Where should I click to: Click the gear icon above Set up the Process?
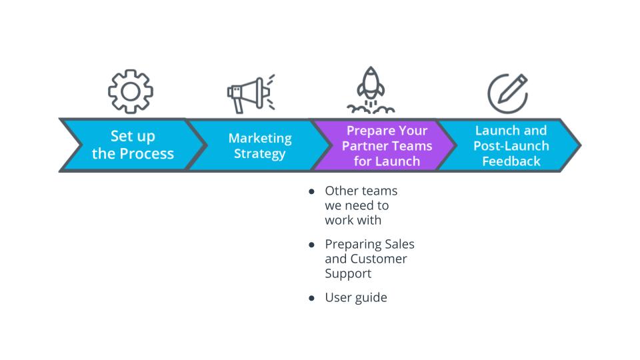(x=131, y=91)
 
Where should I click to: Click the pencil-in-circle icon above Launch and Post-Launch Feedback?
(x=507, y=93)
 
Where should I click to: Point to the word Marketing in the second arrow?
(x=260, y=138)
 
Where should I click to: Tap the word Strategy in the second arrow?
(x=260, y=154)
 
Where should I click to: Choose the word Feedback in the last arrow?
(x=512, y=161)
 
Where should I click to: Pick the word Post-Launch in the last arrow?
(x=512, y=146)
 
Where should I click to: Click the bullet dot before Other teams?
(x=311, y=191)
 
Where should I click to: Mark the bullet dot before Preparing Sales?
(x=311, y=245)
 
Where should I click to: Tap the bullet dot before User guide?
(x=311, y=298)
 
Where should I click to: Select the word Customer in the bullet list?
(x=379, y=259)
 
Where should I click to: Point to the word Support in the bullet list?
(x=348, y=273)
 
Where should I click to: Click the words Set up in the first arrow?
(x=133, y=137)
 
